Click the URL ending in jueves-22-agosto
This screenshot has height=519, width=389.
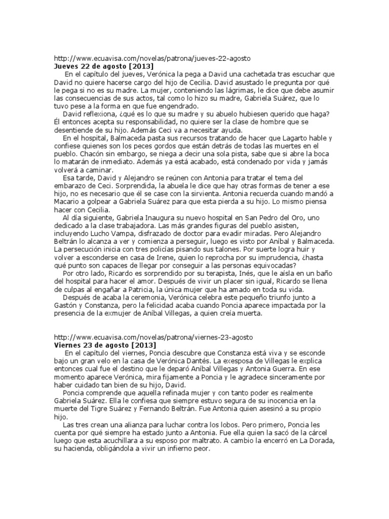(x=152, y=58)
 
